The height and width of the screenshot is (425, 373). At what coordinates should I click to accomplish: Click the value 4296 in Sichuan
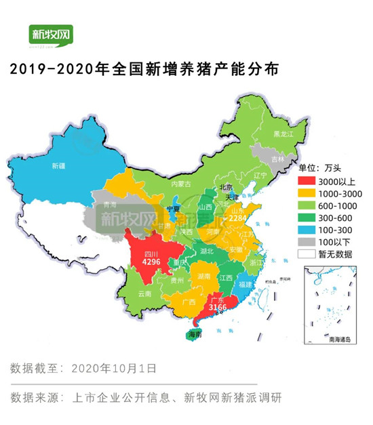(x=151, y=260)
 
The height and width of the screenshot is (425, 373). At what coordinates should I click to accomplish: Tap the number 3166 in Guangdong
(x=216, y=308)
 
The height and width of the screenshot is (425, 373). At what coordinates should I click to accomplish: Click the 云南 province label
(x=144, y=294)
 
